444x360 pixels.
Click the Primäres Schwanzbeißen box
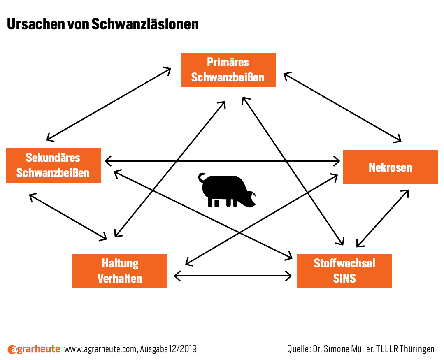pyautogui.click(x=228, y=70)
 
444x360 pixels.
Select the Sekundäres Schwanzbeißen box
pyautogui.click(x=53, y=165)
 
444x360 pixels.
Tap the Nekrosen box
pyautogui.click(x=391, y=167)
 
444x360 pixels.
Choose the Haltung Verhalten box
pyautogui.click(x=120, y=271)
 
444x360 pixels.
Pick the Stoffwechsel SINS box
pyautogui.click(x=344, y=271)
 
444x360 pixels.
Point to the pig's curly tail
pyautogui.click(x=202, y=177)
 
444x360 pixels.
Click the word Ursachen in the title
pyautogui.click(x=36, y=24)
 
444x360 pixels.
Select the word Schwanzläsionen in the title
pyautogui.click(x=145, y=24)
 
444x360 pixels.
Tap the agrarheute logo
pyautogui.click(x=34, y=349)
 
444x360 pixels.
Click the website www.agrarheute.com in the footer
pyautogui.click(x=101, y=349)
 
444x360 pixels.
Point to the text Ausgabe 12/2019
pyautogui.click(x=168, y=349)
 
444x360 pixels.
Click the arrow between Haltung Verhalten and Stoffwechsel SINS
pyautogui.click(x=233, y=276)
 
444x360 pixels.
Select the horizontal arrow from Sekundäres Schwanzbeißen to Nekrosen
pyautogui.click(x=222, y=161)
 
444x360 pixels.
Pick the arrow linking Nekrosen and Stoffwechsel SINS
pyautogui.click(x=383, y=218)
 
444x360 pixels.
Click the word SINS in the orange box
pyautogui.click(x=344, y=279)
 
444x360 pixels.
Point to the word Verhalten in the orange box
pyautogui.click(x=120, y=279)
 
